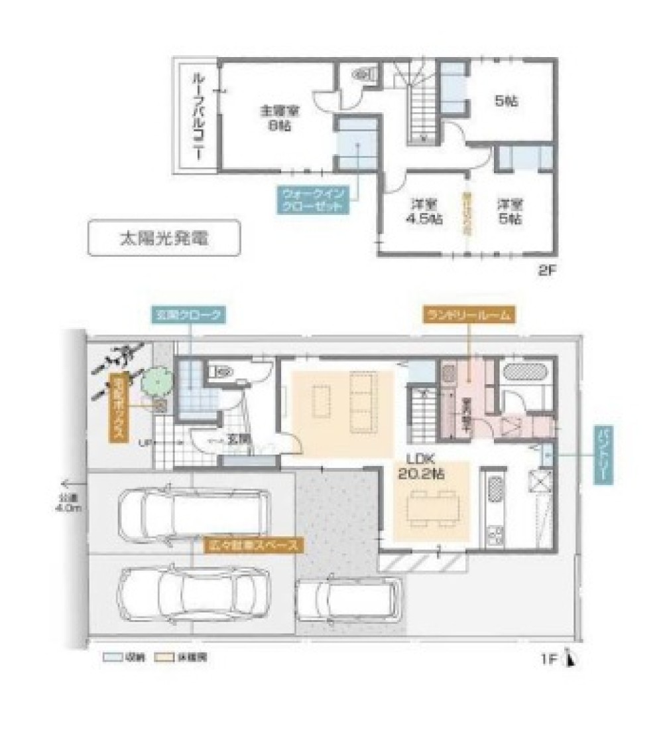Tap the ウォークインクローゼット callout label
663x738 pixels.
pos(309,198)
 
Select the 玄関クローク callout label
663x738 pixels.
pos(190,316)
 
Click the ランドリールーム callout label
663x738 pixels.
pos(468,316)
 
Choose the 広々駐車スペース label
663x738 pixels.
pos(252,546)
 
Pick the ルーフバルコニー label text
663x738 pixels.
pos(197,117)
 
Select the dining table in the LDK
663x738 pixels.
pos(432,508)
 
